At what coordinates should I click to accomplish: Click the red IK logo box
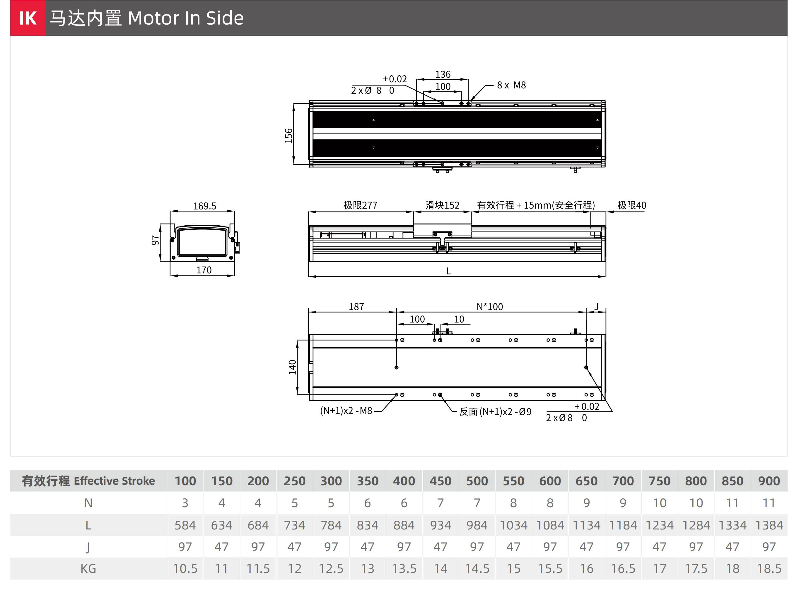[28, 18]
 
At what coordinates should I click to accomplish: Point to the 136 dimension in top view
[443, 74]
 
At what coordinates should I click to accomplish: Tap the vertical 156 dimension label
[288, 136]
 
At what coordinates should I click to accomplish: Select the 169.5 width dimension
[205, 206]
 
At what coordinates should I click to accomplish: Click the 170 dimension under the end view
[204, 270]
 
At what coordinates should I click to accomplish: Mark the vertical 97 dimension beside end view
[155, 240]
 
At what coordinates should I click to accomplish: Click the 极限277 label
[360, 205]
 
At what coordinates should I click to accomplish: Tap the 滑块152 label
[442, 205]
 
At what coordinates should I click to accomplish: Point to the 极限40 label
[632, 205]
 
